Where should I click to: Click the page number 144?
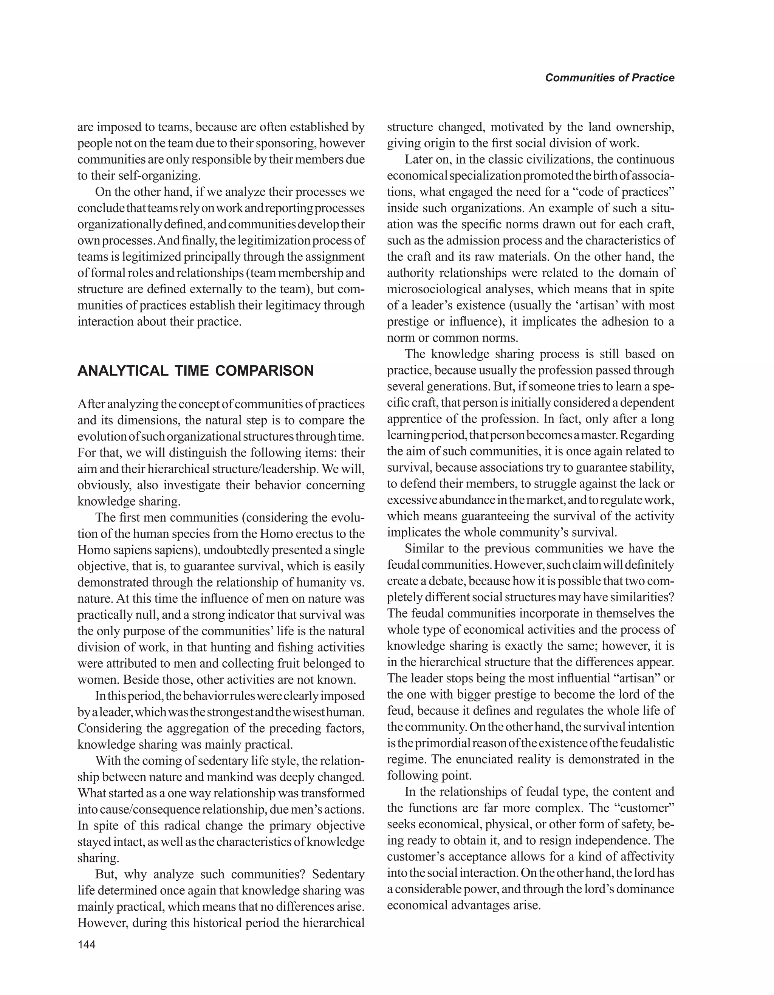coord(87,944)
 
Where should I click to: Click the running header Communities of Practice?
coord(610,78)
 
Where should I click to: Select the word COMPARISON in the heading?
coord(264,371)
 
